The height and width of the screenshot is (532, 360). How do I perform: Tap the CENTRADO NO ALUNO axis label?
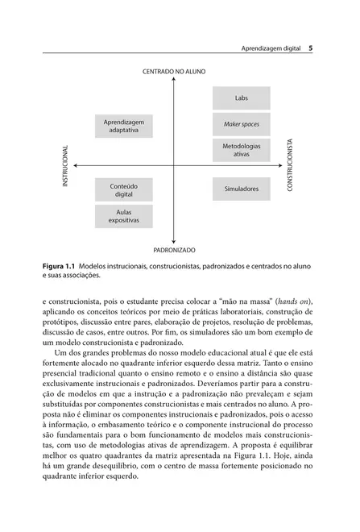pyautogui.click(x=174, y=72)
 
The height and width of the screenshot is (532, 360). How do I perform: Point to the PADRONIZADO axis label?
pyautogui.click(x=174, y=251)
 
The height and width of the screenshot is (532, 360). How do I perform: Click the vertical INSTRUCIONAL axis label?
pyautogui.click(x=65, y=166)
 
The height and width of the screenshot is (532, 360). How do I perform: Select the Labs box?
pyautogui.click(x=241, y=98)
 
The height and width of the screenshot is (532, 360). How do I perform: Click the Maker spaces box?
pyautogui.click(x=241, y=125)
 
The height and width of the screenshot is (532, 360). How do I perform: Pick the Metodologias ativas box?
pyautogui.click(x=241, y=149)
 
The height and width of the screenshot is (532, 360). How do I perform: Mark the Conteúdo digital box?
pyautogui.click(x=123, y=189)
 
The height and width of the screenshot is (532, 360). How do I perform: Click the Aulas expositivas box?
pyautogui.click(x=123, y=215)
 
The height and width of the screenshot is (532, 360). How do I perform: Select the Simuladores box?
pyautogui.click(x=241, y=189)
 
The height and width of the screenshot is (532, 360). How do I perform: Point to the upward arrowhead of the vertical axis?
pyautogui.click(x=174, y=81)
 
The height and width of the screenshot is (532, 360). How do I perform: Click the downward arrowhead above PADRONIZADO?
pyautogui.click(x=174, y=241)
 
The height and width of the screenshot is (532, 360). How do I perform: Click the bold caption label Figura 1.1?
pyautogui.click(x=59, y=265)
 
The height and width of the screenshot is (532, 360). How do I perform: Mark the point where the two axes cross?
pyautogui.click(x=174, y=165)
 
